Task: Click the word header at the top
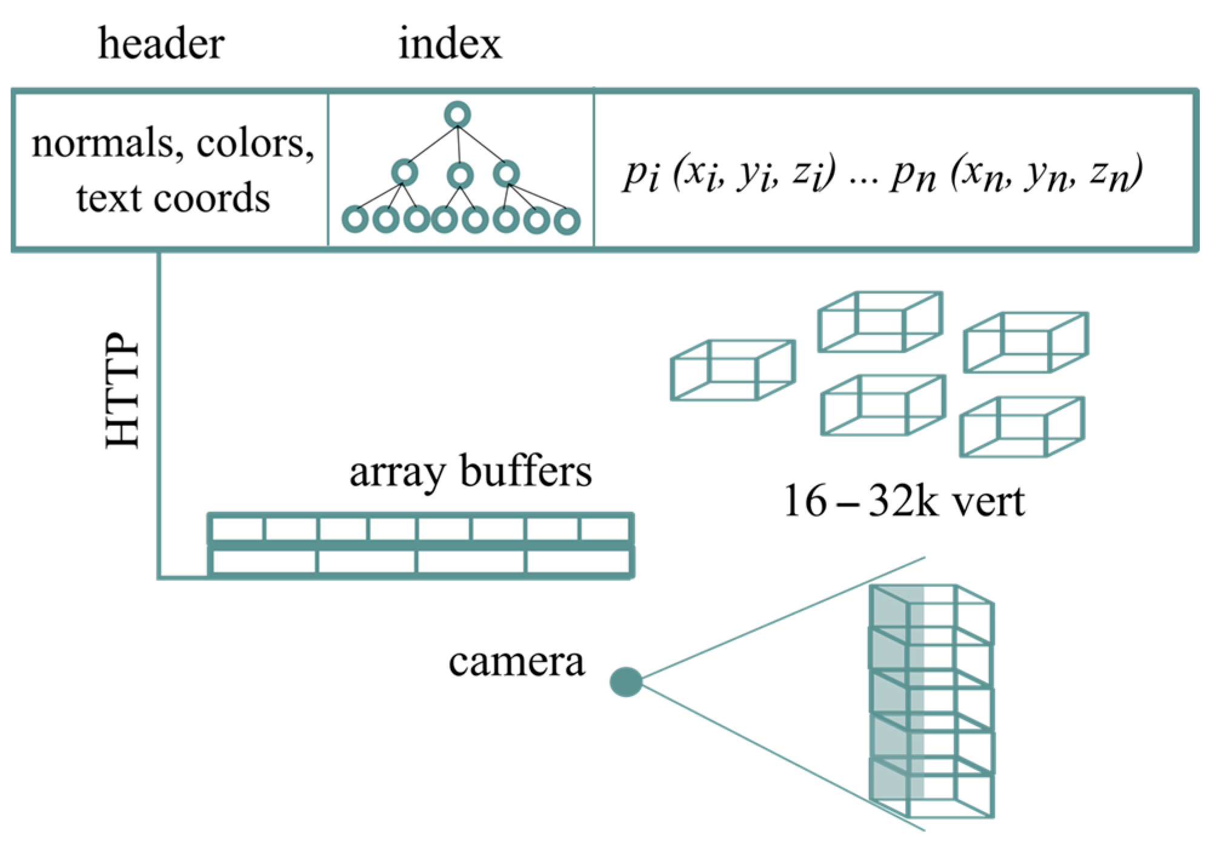161,44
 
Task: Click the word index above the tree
450,44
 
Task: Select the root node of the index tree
458,114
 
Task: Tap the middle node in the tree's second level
460,176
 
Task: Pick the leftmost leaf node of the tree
355,219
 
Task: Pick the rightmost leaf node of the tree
567,221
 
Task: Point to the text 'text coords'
173,198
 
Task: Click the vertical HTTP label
122,391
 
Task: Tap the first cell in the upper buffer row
237,529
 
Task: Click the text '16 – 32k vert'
903,502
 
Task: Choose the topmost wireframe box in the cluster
880,322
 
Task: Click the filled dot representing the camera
625,682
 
